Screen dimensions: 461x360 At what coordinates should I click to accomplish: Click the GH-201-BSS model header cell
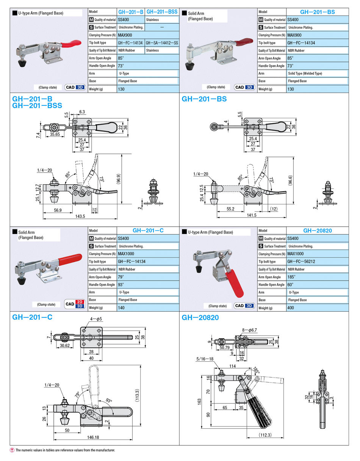(x=162, y=12)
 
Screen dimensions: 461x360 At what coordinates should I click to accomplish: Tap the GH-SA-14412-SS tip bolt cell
(x=162, y=43)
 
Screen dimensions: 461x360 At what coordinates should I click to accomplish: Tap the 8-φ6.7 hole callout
(x=249, y=330)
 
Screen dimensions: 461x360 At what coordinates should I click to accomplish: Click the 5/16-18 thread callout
(x=205, y=359)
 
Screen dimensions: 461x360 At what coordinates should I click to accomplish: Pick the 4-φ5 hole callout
(x=96, y=319)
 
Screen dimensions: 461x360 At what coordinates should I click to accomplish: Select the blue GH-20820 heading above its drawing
(x=200, y=318)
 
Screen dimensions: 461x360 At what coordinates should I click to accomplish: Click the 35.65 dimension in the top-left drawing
(x=55, y=134)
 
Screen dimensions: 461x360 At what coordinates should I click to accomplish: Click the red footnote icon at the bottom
(x=12, y=450)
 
